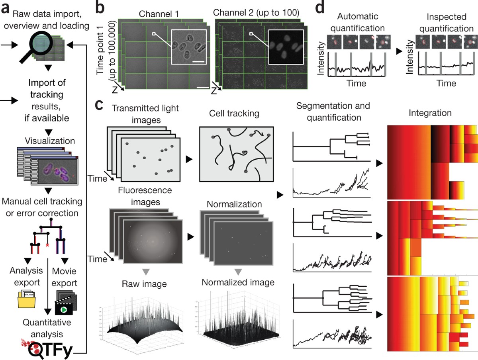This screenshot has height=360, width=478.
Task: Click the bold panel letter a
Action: (6, 9)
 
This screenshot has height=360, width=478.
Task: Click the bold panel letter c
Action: (101, 105)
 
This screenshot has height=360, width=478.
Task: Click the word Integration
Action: (430, 113)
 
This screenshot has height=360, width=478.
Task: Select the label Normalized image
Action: (238, 283)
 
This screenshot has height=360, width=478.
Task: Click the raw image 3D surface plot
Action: (141, 323)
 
